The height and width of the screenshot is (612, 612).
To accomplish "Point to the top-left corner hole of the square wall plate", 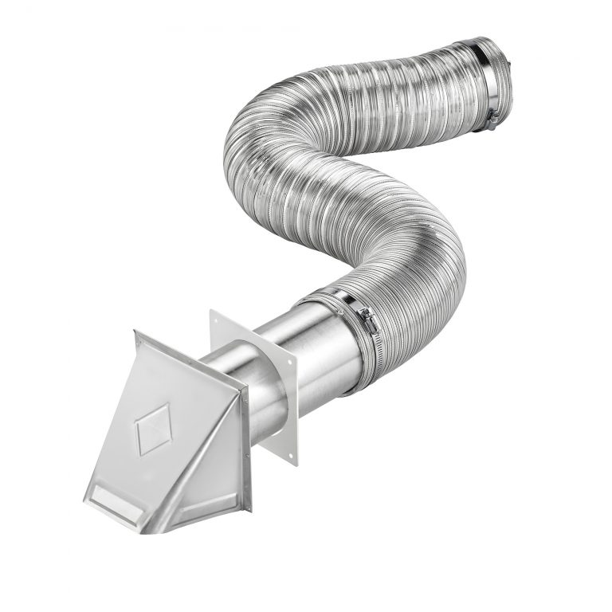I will click(216, 316).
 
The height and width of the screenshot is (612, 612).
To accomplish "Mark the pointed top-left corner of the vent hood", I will click(137, 334).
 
